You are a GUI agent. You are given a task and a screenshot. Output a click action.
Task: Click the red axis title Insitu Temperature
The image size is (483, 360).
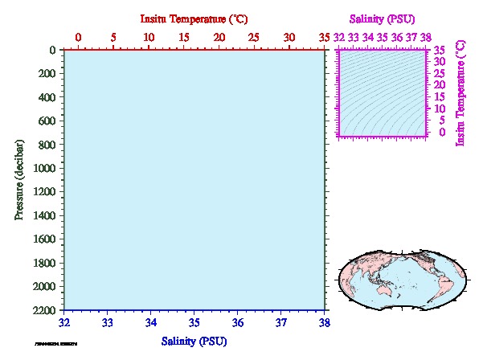[194, 18]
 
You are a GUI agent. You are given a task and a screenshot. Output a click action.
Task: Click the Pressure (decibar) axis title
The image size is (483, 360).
[18, 179]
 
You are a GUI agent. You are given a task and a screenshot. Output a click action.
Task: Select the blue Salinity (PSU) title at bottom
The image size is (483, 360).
[194, 342]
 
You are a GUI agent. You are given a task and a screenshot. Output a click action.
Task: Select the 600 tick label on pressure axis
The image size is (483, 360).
[45, 121]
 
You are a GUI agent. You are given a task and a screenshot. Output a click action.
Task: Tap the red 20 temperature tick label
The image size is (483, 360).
[219, 37]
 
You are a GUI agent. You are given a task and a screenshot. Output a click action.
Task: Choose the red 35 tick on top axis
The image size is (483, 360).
[325, 37]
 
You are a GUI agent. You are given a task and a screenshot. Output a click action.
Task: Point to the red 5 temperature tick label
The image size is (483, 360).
[113, 37]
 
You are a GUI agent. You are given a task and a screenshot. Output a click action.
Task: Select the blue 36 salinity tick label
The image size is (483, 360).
[238, 323]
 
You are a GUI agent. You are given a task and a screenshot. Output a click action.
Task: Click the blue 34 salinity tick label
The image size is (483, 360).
[151, 323]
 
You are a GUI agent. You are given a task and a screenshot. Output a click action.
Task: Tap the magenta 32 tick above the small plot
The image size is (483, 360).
[339, 37]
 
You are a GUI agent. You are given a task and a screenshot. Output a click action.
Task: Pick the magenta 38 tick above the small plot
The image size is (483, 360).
[425, 37]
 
